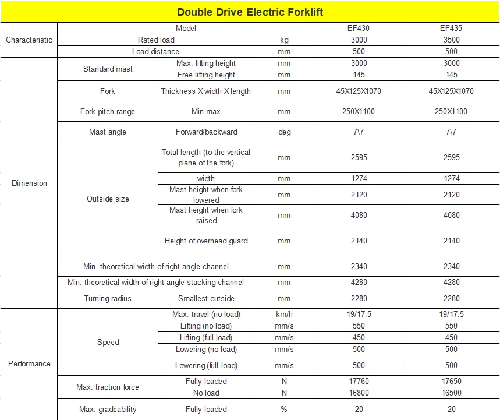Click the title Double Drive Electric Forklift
click(x=250, y=12)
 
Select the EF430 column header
click(x=359, y=28)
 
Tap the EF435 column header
click(x=451, y=28)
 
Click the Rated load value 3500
click(x=451, y=40)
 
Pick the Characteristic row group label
click(x=29, y=40)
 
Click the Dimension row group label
click(x=29, y=183)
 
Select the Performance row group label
click(x=29, y=363)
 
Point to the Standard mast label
click(x=108, y=69)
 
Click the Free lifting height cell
click(x=206, y=75)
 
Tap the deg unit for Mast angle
click(x=284, y=132)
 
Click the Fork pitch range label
click(x=108, y=111)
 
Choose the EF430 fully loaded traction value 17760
click(x=359, y=381)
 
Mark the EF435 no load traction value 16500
click(x=451, y=393)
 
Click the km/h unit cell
click(x=284, y=314)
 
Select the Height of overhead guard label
click(x=206, y=241)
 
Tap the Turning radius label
click(x=108, y=298)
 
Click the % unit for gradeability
click(x=284, y=409)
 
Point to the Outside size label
click(x=108, y=199)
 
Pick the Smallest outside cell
click(x=206, y=298)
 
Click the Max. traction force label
click(x=108, y=387)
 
